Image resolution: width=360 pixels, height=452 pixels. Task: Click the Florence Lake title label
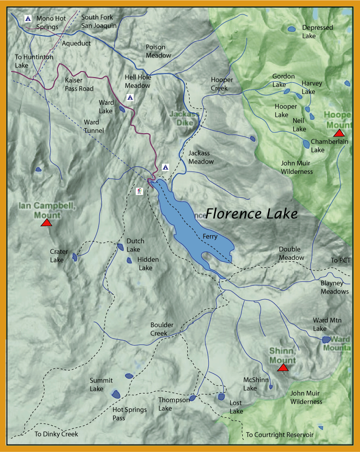252,214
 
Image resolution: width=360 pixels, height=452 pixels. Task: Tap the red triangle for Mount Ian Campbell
46,223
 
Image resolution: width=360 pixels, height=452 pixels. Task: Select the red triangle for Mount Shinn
282,368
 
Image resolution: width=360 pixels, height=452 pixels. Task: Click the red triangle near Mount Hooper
339,134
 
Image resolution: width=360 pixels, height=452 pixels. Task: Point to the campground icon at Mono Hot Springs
28,19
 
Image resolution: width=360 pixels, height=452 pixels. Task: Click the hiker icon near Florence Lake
139,191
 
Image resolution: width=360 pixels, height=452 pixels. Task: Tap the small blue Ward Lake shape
122,109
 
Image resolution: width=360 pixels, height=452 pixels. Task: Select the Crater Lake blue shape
75,257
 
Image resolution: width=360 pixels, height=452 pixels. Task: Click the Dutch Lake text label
135,245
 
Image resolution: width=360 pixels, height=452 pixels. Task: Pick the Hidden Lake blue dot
129,260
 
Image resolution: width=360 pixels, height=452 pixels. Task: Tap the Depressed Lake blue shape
291,29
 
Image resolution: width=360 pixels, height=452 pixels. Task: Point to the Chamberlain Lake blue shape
306,143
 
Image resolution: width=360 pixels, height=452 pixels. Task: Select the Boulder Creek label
162,329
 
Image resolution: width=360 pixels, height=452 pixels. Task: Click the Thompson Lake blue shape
192,398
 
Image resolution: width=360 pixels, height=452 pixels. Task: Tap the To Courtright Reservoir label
280,435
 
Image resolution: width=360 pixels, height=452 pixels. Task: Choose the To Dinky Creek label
56,434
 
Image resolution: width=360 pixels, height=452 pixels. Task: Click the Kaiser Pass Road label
79,85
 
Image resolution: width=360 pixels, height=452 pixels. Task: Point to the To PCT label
340,260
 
